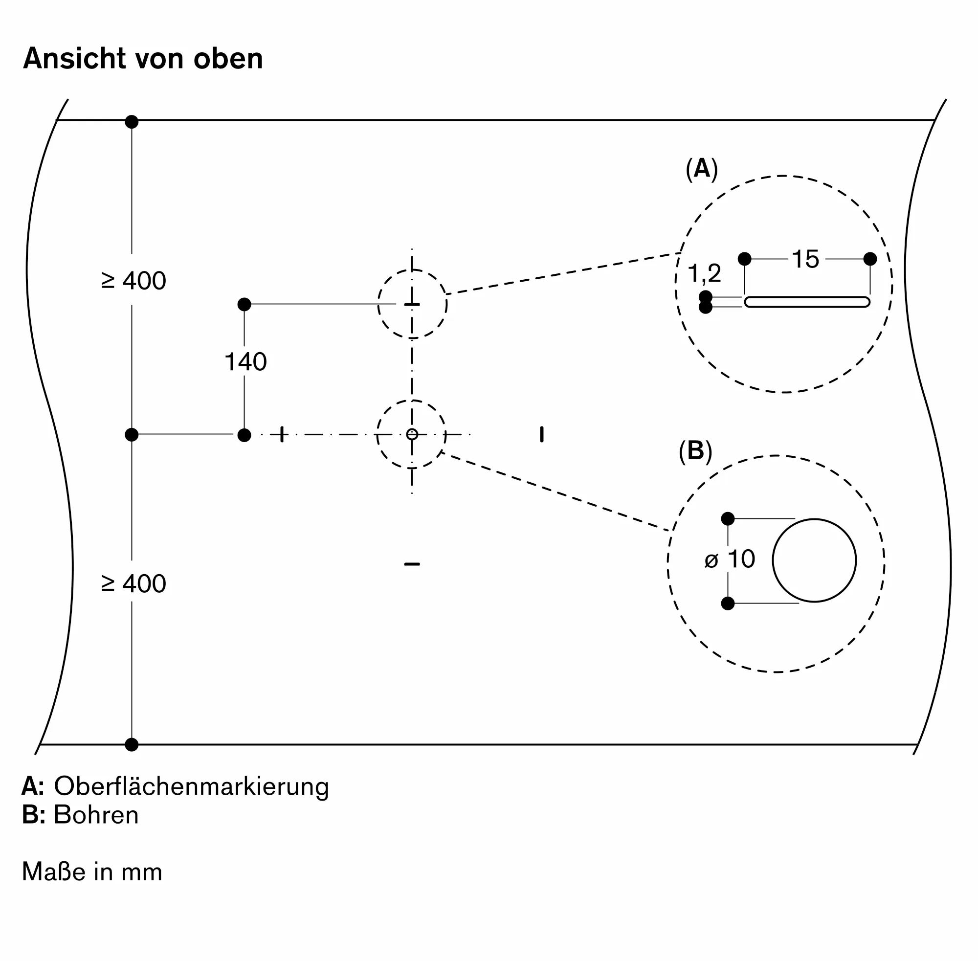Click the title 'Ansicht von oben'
[143, 59]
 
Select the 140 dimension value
[245, 362]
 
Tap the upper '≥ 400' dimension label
[133, 281]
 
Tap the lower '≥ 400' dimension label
[133, 583]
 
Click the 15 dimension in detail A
[805, 259]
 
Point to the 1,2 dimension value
[705, 273]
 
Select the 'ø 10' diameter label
[730, 559]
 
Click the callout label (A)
[701, 169]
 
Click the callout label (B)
[695, 450]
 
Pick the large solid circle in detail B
[814, 560]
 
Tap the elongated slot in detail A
[807, 302]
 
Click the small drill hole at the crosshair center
[412, 434]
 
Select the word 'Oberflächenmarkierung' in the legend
[191, 786]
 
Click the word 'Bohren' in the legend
[96, 815]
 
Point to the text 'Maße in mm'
[92, 872]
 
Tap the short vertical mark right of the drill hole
[541, 434]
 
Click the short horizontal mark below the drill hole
[412, 564]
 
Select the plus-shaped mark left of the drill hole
[282, 434]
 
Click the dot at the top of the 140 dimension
[244, 304]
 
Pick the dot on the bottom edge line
[132, 744]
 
